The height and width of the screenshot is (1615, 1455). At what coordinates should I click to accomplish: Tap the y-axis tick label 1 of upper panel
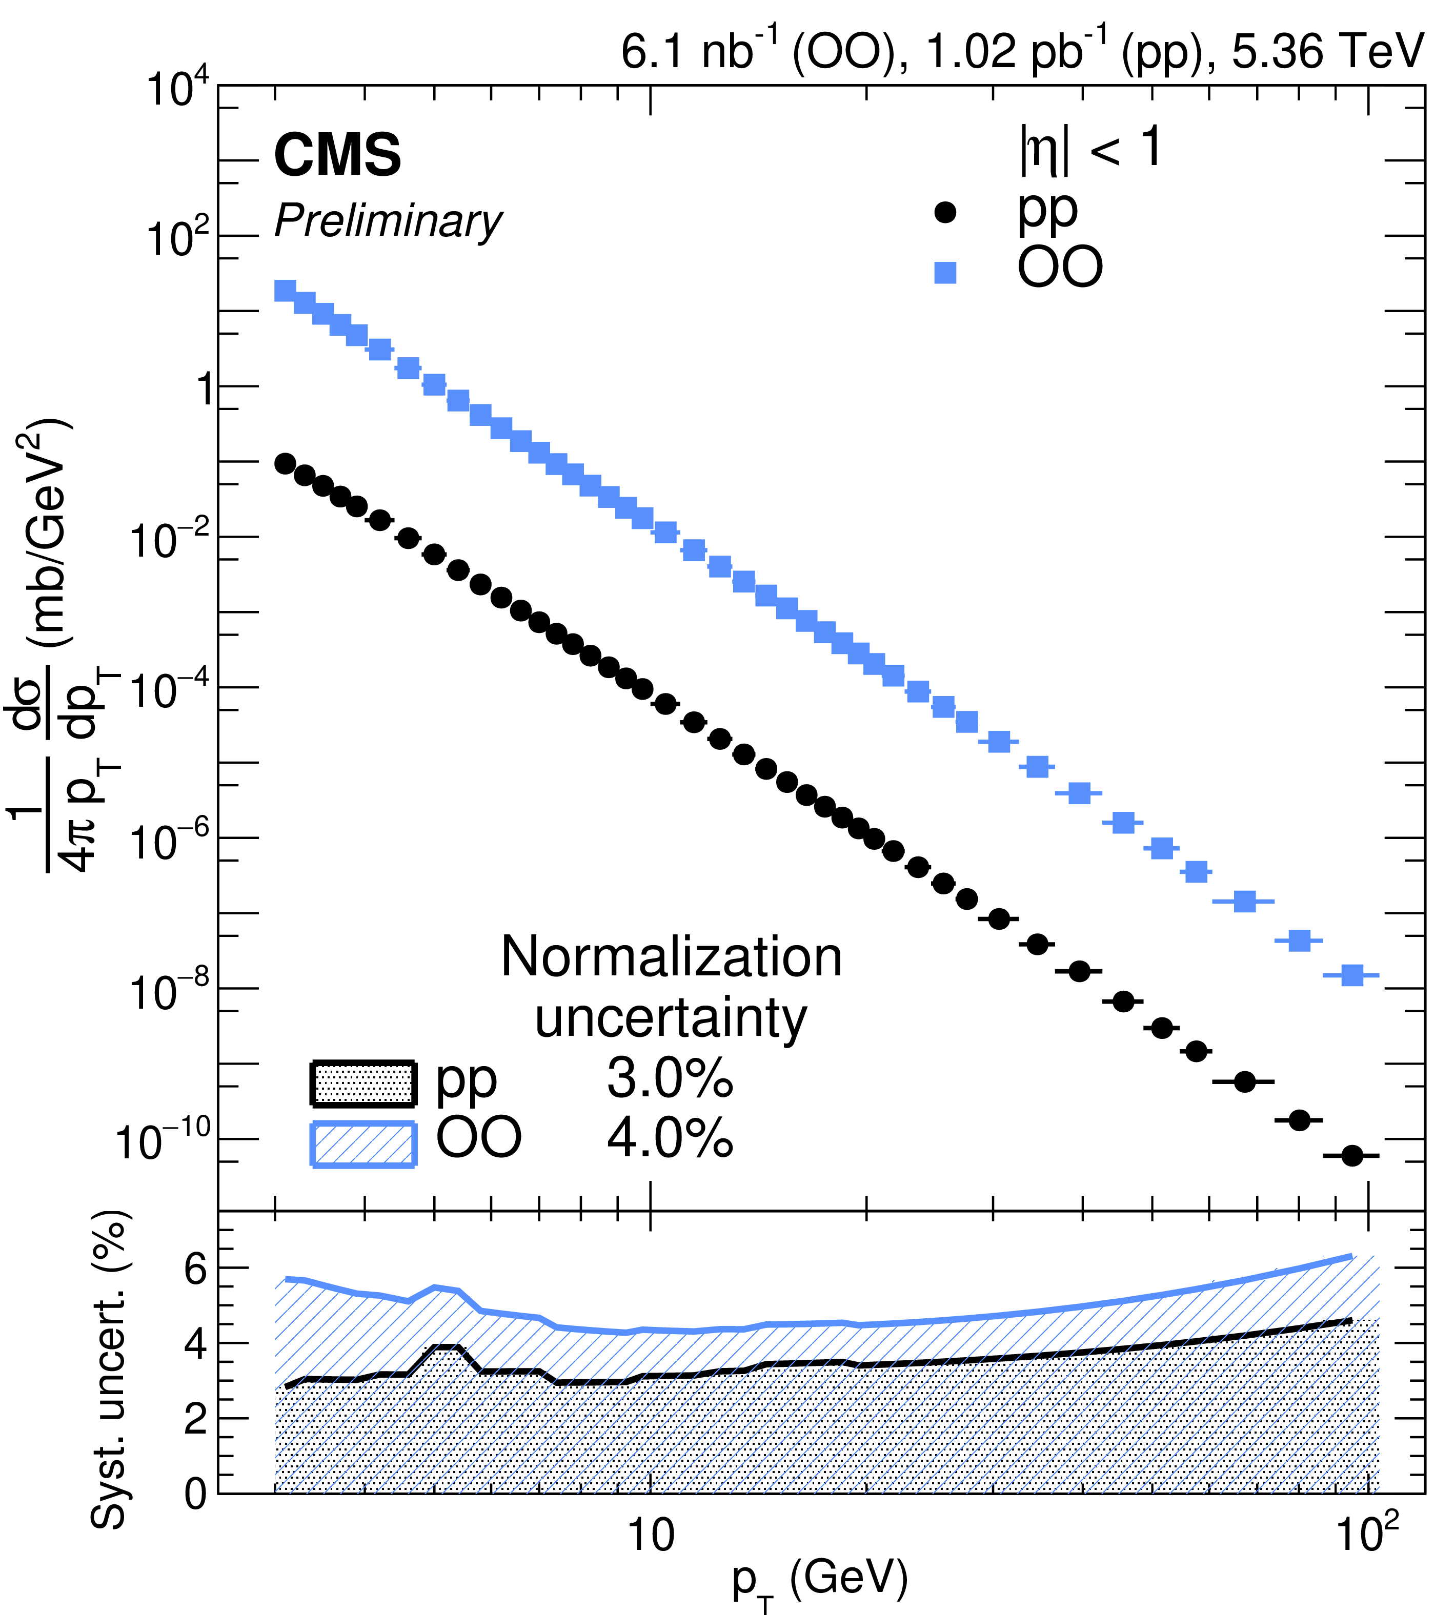pyautogui.click(x=206, y=390)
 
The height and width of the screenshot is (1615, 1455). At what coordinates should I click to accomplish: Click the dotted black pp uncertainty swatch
pyautogui.click(x=363, y=1084)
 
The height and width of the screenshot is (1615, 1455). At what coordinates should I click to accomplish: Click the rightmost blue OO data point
pyautogui.click(x=1351, y=975)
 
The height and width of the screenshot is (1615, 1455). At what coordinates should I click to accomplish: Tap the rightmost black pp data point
pyautogui.click(x=1351, y=1156)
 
